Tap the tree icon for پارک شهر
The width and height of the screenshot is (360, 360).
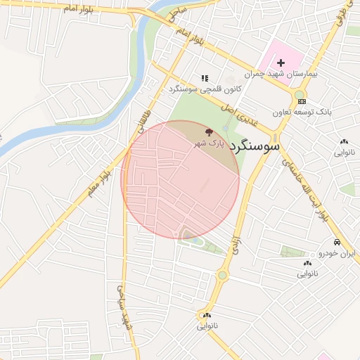pyautogui.click(x=208, y=131)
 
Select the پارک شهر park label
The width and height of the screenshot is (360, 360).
pyautogui.click(x=210, y=143)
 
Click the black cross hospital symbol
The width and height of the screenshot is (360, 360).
pyautogui.click(x=281, y=63)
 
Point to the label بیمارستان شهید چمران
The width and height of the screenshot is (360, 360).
pyautogui.click(x=281, y=73)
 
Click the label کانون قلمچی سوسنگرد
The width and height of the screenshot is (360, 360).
pyautogui.click(x=204, y=89)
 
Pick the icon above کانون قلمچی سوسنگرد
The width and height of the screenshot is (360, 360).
pyautogui.click(x=205, y=79)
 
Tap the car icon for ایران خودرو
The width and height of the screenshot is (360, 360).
pyautogui.click(x=337, y=242)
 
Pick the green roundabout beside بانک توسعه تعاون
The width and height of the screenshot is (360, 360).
pyautogui.click(x=300, y=94)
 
